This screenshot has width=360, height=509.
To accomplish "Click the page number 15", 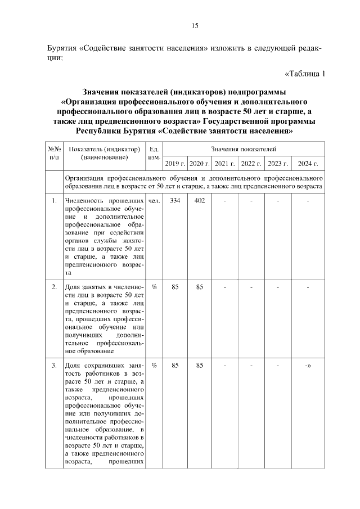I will point(195,25).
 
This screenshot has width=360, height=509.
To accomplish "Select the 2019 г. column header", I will point(175,164).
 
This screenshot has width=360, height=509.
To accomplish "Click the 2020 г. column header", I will point(199,164).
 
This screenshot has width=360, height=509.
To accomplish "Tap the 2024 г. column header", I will point(308,164).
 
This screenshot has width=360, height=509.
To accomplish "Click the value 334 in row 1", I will point(175,201).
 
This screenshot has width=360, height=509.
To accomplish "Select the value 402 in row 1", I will point(199,201).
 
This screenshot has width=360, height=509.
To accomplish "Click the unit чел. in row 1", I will point(154,201).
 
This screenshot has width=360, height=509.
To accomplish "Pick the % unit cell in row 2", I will point(154,287).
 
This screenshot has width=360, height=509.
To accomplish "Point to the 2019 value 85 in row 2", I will point(175,287).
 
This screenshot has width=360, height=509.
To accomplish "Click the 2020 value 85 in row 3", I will point(199,366).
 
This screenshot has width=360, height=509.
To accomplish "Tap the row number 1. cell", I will point(54,201).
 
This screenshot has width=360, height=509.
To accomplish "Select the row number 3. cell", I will point(54,366).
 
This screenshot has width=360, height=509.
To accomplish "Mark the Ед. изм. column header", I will point(154,154).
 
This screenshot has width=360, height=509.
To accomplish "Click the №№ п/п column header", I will point(54,154).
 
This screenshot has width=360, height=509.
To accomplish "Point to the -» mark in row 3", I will point(308,366).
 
